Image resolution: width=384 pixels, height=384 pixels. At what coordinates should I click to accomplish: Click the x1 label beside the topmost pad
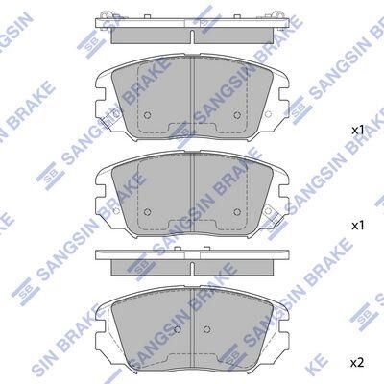358,130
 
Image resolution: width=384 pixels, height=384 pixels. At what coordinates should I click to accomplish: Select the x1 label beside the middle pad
358,226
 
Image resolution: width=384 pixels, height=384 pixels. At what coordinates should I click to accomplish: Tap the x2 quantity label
357,363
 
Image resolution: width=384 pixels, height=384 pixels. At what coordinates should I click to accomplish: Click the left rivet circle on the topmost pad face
148,115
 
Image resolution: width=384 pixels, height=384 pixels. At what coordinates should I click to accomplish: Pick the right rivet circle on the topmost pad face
237,115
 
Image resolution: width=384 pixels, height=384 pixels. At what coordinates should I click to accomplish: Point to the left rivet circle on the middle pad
148,211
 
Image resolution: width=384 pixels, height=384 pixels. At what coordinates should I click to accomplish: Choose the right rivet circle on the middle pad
237,211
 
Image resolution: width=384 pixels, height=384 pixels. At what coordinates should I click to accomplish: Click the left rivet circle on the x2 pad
178,329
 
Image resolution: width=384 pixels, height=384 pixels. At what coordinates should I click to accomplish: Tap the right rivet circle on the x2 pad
207,329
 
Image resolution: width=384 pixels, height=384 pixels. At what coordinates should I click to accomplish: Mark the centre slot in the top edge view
192,36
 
